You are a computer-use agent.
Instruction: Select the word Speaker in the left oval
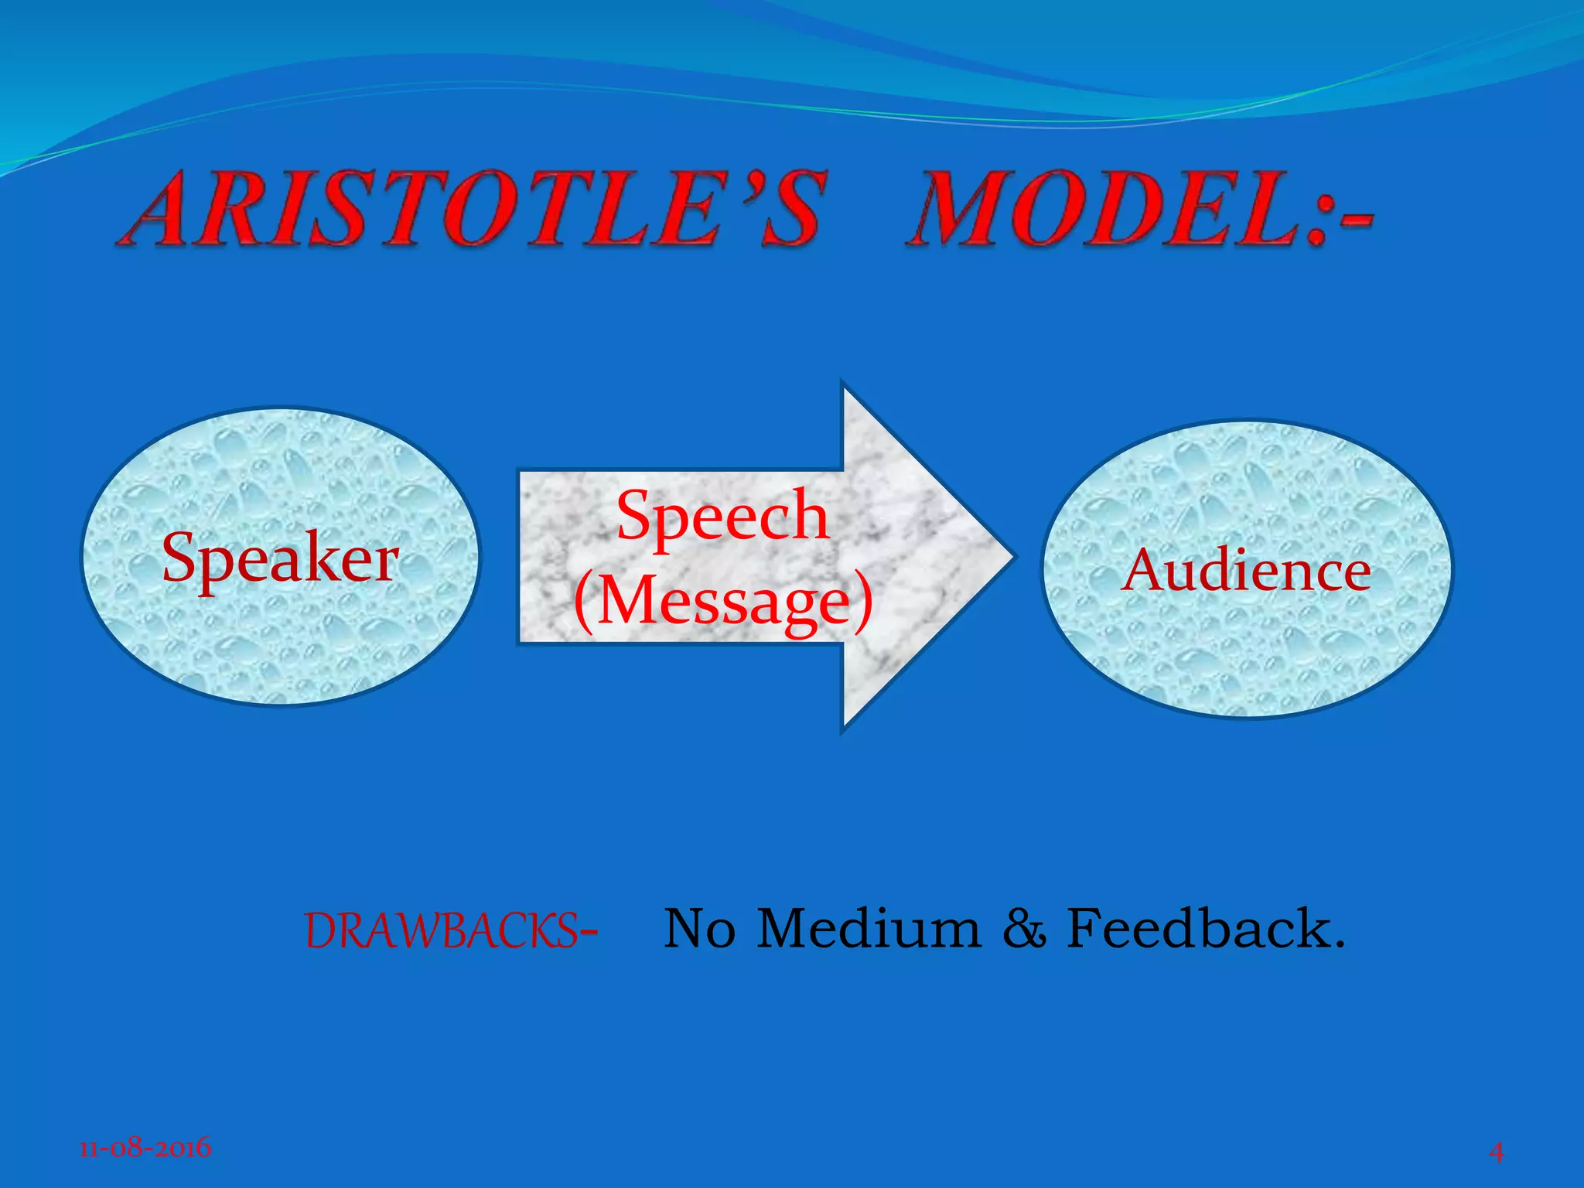click(x=280, y=558)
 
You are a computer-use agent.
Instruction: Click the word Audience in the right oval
click(x=1246, y=572)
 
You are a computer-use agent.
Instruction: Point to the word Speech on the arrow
click(x=722, y=517)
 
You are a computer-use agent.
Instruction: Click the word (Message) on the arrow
click(x=723, y=602)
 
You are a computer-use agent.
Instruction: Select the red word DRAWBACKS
click(x=440, y=930)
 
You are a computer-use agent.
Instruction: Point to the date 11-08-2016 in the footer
click(x=145, y=1146)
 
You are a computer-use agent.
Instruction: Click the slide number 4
click(x=1497, y=1152)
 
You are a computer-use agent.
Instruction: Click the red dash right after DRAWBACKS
click(x=589, y=934)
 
